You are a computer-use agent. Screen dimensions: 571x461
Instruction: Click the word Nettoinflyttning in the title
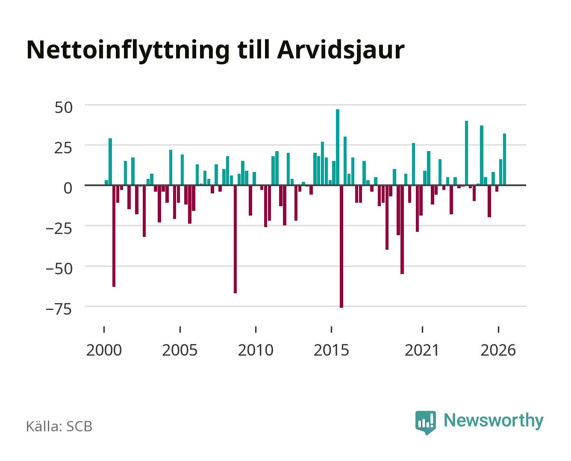tap(128, 51)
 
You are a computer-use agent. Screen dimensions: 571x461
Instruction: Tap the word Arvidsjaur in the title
tap(341, 51)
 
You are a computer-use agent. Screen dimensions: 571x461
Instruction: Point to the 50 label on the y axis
tap(64, 108)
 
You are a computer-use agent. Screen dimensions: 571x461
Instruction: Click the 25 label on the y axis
tap(64, 148)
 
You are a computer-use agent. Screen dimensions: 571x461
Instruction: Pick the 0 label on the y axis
tap(68, 188)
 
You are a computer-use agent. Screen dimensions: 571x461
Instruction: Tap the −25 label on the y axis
tap(59, 229)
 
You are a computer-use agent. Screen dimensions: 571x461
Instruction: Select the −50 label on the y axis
tap(59, 269)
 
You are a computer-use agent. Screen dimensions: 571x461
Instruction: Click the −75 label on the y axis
tap(59, 309)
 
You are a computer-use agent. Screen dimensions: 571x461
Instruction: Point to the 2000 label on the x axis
tap(104, 350)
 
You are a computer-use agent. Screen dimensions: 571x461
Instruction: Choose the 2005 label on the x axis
tap(180, 350)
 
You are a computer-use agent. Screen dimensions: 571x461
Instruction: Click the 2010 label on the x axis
tap(256, 350)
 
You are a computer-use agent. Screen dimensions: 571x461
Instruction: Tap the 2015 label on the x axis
tap(332, 350)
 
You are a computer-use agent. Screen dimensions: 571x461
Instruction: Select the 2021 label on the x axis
tap(422, 350)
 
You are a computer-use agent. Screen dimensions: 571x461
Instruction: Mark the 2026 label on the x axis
tap(498, 350)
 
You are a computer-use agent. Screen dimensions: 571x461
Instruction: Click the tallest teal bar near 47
tap(338, 147)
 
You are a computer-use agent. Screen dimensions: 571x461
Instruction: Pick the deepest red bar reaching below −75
tap(341, 246)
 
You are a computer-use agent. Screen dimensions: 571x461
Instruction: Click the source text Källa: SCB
tap(59, 426)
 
